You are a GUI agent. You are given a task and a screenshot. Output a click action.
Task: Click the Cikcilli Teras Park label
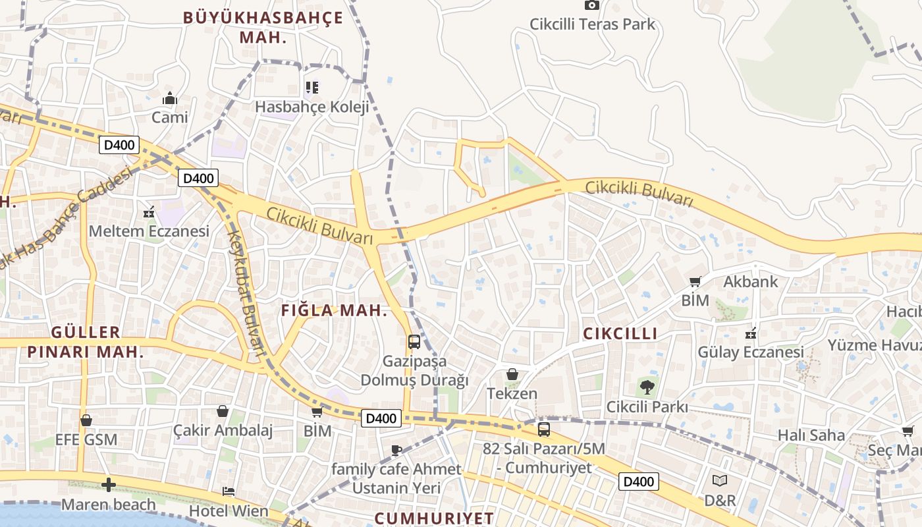[592, 24]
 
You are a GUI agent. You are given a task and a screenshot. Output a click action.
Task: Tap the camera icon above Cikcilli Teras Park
[592, 5]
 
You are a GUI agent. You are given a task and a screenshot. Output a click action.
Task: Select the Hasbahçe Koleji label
[312, 107]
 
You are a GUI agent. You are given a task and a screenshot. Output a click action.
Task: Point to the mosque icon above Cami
[170, 99]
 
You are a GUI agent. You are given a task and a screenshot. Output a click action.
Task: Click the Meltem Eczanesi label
[149, 231]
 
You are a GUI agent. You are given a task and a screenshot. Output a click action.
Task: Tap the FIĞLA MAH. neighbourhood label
[335, 311]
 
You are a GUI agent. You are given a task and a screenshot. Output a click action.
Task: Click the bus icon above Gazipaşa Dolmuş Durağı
[414, 342]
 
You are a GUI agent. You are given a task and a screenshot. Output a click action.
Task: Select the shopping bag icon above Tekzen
[512, 375]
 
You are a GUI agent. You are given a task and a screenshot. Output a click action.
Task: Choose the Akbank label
[751, 282]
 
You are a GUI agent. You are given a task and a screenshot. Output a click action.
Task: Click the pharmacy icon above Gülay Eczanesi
[750, 333]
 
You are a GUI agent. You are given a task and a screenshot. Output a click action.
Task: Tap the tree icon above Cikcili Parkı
[647, 387]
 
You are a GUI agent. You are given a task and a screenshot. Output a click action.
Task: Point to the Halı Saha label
[811, 435]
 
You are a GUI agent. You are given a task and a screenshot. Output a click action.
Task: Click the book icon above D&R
[720, 482]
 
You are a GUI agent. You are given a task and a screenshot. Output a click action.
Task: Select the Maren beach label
[109, 505]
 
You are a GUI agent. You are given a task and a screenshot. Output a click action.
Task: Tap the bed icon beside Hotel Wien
[229, 491]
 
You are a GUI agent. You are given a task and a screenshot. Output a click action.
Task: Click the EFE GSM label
[86, 439]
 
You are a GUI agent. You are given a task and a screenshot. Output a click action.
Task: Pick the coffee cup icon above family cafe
[396, 451]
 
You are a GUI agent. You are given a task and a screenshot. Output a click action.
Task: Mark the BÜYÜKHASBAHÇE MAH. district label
[263, 27]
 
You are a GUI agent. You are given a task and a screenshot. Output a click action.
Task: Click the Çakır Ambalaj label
[223, 431]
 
